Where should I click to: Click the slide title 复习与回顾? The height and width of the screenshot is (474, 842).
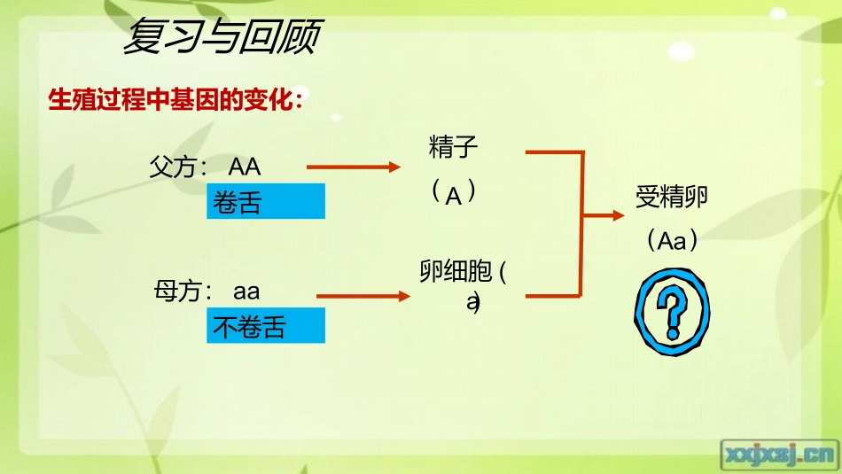click(x=222, y=38)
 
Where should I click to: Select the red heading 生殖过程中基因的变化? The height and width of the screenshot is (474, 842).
click(x=175, y=99)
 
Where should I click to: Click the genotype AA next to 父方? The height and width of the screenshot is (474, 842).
click(x=245, y=167)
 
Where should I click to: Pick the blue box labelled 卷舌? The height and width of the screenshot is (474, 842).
click(x=266, y=202)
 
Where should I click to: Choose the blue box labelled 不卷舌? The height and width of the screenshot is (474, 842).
click(x=266, y=326)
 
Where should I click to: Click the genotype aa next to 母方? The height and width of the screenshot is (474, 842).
click(x=247, y=291)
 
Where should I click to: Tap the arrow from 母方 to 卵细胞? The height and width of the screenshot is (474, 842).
click(x=363, y=296)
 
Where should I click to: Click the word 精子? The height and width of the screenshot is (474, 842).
click(x=454, y=147)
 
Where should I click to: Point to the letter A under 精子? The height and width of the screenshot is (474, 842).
click(x=454, y=196)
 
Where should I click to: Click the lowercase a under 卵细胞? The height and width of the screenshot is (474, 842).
click(x=472, y=302)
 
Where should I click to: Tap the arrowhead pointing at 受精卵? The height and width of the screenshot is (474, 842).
click(x=620, y=215)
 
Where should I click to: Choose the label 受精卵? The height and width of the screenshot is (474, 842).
click(x=671, y=198)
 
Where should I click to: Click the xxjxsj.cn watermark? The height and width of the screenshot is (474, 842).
click(x=779, y=454)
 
